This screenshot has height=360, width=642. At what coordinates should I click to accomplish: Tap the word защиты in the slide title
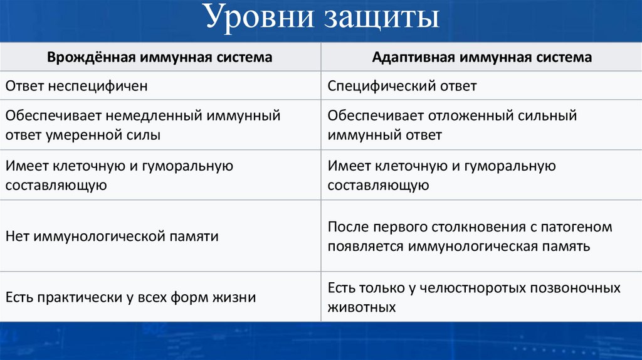coord(382,19)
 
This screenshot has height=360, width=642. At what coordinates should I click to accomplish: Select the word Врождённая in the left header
coord(92,58)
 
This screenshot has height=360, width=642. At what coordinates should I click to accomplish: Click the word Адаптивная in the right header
coord(414,58)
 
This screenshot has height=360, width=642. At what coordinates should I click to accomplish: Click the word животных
coord(362,307)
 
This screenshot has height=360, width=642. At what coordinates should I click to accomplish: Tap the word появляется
coord(366,246)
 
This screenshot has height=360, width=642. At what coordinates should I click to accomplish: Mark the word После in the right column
coord(347,227)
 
